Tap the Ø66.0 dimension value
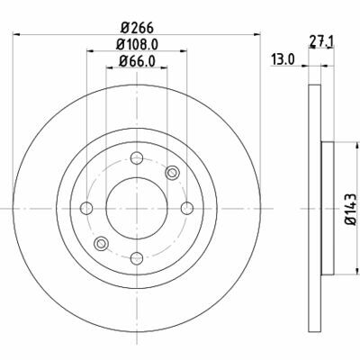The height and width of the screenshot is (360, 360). (139, 61)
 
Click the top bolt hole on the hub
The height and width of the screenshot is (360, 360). (137, 159)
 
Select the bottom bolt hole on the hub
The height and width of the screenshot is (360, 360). (137, 257)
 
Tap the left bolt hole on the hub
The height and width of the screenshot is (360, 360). (87, 209)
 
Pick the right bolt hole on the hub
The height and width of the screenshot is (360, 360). (186, 209)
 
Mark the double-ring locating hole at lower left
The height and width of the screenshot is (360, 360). (102, 244)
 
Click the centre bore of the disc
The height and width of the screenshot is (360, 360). (137, 209)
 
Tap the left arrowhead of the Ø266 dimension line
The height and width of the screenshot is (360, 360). (20, 33)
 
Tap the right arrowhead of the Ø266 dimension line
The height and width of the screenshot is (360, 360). (256, 33)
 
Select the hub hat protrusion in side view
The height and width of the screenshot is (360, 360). (327, 209)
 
